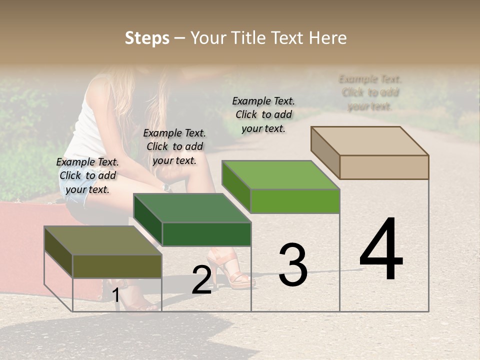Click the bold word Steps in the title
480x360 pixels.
click(x=147, y=38)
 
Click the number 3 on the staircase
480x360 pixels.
click(x=292, y=265)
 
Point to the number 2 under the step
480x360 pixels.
click(x=201, y=280)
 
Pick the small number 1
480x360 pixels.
click(x=115, y=295)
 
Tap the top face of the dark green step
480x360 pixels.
click(x=192, y=208)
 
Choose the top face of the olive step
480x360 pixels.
click(x=103, y=240)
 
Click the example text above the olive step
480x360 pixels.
click(x=87, y=175)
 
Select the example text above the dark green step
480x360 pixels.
click(x=174, y=146)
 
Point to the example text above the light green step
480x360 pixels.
click(x=263, y=114)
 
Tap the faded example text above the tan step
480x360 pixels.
click(x=370, y=92)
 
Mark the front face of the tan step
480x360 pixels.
click(x=384, y=167)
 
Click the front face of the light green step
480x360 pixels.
click(x=295, y=201)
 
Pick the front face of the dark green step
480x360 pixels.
click(x=206, y=234)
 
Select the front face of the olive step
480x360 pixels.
click(x=117, y=266)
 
